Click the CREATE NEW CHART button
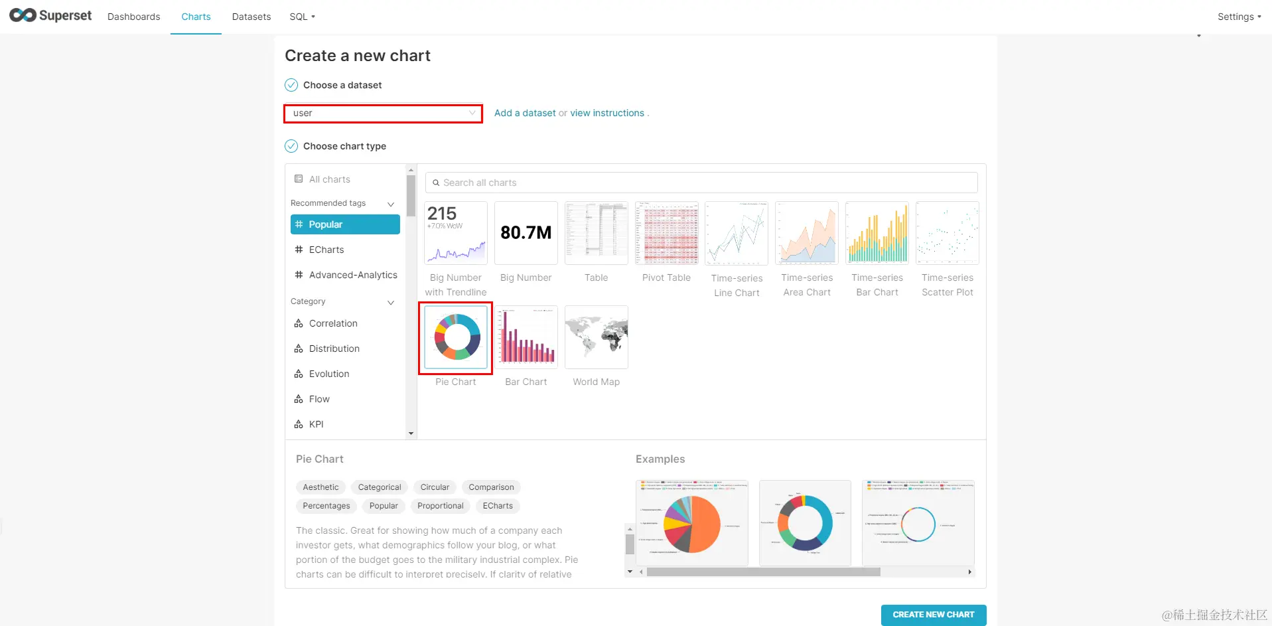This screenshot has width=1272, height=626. [933, 615]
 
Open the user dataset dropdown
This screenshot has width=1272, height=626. [383, 114]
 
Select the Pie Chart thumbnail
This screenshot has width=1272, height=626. [456, 337]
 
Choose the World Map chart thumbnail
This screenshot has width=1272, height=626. [596, 337]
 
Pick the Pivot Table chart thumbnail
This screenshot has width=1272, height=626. [666, 233]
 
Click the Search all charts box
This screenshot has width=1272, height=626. [701, 183]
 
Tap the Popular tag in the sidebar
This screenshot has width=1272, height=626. [345, 224]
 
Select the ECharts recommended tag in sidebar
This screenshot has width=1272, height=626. [326, 250]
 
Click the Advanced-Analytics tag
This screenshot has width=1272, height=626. [352, 275]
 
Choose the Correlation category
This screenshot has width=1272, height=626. [333, 323]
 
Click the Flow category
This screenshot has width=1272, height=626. [319, 399]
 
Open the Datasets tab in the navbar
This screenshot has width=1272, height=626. [251, 17]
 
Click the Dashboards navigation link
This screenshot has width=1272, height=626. [134, 17]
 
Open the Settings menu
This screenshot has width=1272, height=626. [1238, 17]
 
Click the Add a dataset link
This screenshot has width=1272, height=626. [525, 113]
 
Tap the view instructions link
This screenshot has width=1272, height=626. [607, 113]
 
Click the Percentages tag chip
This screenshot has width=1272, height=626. [326, 506]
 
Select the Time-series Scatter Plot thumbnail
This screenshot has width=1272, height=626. [947, 233]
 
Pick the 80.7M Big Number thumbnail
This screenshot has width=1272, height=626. [526, 233]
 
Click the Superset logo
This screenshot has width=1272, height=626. [51, 15]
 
